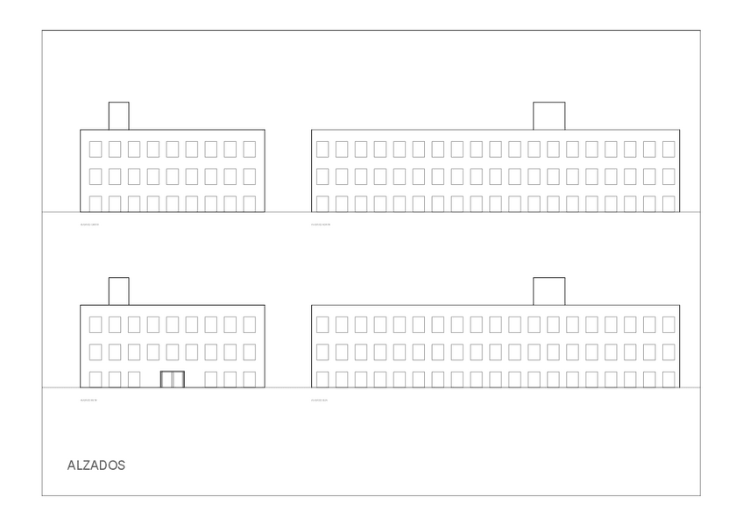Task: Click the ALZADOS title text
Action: pyautogui.click(x=96, y=466)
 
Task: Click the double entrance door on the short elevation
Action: pyautogui.click(x=173, y=380)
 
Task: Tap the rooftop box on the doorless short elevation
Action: pyautogui.click(x=118, y=116)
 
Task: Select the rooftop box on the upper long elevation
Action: pyautogui.click(x=548, y=116)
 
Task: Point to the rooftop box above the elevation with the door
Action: pyautogui.click(x=118, y=291)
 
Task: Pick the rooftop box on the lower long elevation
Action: pyautogui.click(x=548, y=291)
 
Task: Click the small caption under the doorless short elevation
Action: pyautogui.click(x=89, y=224)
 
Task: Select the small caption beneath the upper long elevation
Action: pyautogui.click(x=321, y=224)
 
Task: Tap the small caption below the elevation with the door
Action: pyautogui.click(x=89, y=400)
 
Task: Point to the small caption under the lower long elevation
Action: pyautogui.click(x=320, y=400)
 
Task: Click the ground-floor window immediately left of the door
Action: pyautogui.click(x=134, y=380)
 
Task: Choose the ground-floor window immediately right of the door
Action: pyautogui.click(x=211, y=380)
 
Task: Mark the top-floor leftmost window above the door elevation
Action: pyautogui.click(x=96, y=324)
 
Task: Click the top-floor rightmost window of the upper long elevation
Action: pyautogui.click(x=669, y=149)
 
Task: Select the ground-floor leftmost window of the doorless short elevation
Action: pyautogui.click(x=96, y=203)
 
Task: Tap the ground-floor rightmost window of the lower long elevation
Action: pyautogui.click(x=669, y=380)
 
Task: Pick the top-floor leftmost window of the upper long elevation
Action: pyautogui.click(x=322, y=149)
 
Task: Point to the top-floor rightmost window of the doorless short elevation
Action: pyautogui.click(x=250, y=149)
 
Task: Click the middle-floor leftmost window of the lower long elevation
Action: pyautogui.click(x=322, y=352)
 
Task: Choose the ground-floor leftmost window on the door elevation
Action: pyautogui.click(x=96, y=380)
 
